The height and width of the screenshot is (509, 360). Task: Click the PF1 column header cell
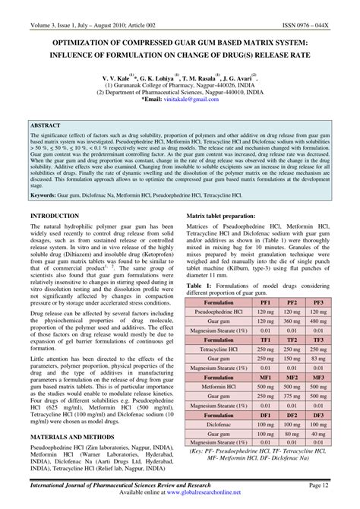[265, 302]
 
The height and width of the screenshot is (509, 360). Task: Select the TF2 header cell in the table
[292, 340]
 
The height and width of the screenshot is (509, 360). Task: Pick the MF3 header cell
[319, 377]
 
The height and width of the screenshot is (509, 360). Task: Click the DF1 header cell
[265, 415]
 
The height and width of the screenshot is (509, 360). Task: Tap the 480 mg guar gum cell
[319, 321]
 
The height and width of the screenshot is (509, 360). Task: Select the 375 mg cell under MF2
[292, 396]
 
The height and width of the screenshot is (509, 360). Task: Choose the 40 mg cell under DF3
[319, 434]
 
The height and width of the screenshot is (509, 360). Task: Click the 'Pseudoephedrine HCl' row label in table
[219, 311]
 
